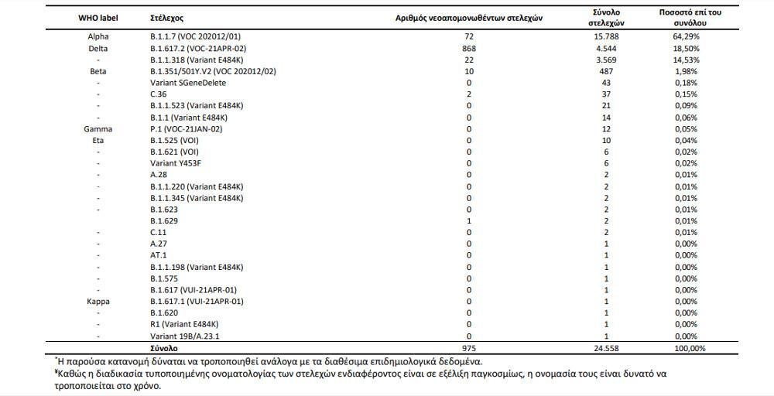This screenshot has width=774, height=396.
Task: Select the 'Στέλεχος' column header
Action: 167,17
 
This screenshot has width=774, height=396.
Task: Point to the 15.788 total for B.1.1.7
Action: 606,36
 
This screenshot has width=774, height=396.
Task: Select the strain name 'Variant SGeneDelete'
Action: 187,82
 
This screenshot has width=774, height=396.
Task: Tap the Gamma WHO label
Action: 98,129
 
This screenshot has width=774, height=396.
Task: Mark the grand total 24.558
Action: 606,348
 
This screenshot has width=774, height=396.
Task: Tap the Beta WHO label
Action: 98,71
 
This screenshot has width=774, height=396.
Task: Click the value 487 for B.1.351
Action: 606,71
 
